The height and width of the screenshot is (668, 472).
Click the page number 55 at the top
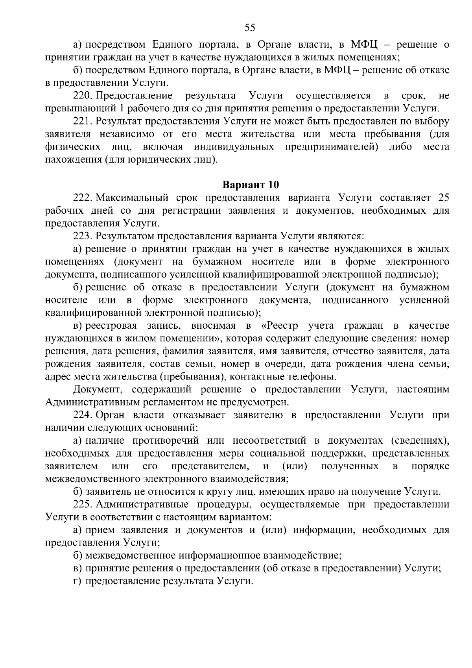(250, 27)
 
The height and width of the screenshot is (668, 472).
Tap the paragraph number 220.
(82, 96)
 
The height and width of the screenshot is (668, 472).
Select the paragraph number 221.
(82, 121)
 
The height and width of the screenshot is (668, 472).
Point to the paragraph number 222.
(82, 198)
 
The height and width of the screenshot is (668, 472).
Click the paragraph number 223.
(82, 236)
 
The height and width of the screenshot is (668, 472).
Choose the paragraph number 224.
(82, 415)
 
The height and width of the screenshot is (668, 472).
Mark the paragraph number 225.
(82, 504)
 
